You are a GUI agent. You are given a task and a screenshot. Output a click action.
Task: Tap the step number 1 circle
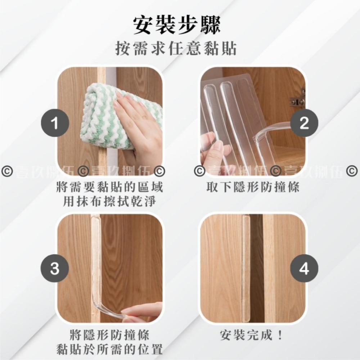tap(55, 124)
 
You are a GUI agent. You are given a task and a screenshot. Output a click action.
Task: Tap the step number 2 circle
tap(304, 124)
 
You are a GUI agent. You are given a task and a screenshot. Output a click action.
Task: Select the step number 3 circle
tap(55, 269)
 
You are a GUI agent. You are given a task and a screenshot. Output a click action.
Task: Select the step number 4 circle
tap(304, 269)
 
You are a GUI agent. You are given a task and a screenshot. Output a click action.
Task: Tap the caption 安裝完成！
tap(252, 336)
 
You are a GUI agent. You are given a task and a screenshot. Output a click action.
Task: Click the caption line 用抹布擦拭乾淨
tap(110, 202)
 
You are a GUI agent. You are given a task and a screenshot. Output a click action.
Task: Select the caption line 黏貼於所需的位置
tap(110, 349)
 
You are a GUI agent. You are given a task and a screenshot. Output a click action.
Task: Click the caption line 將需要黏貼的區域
tap(110, 188)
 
